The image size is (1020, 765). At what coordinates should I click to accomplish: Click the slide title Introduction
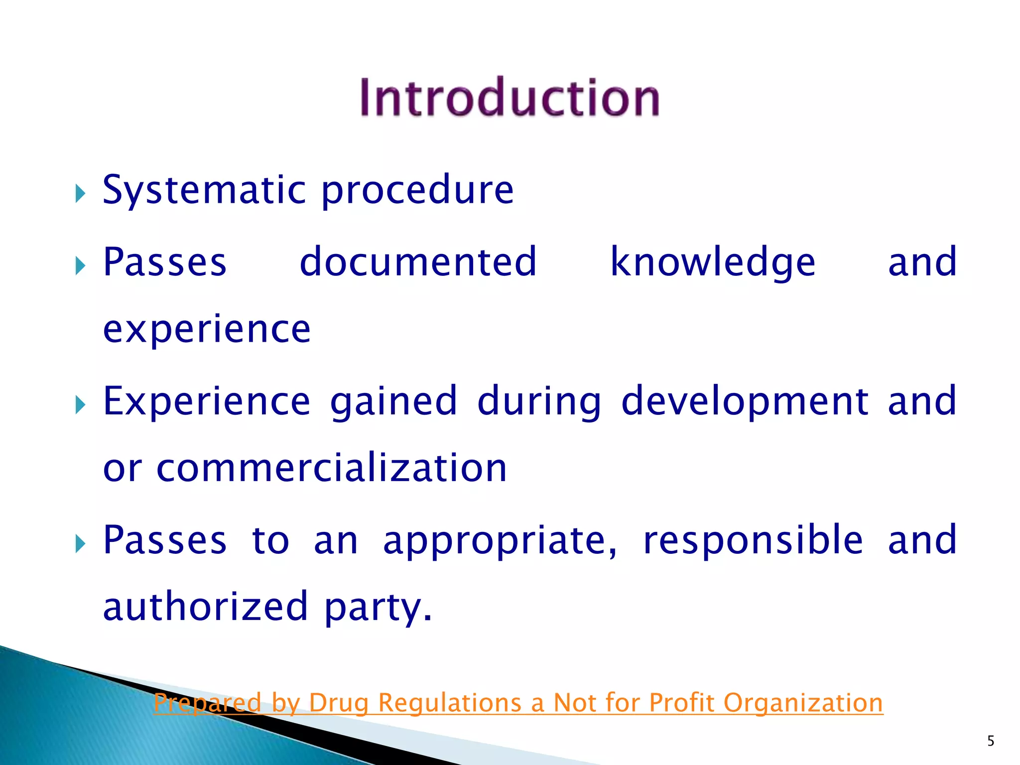coord(510,98)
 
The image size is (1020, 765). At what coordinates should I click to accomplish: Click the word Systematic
coord(204,190)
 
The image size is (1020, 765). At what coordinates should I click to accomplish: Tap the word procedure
coord(417,190)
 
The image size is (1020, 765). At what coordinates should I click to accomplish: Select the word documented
coord(418,262)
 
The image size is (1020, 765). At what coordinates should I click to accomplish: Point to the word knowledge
coord(713,263)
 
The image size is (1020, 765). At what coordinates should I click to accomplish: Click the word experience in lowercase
coord(207,330)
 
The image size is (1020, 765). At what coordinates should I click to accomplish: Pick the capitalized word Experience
coord(207,401)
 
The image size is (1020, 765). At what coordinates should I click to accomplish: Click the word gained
coord(393,401)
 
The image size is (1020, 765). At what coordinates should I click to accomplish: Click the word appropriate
coord(500,540)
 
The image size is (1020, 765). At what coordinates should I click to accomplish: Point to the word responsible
coord(753,540)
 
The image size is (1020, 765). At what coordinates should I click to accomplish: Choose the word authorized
coord(205,607)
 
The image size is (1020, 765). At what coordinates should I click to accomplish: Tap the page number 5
coord(991,741)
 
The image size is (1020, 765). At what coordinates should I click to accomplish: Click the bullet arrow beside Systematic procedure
coord(80,193)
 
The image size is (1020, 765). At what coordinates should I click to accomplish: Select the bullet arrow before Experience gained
coord(80,404)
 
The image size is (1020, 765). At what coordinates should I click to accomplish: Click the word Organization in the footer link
coord(803,703)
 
